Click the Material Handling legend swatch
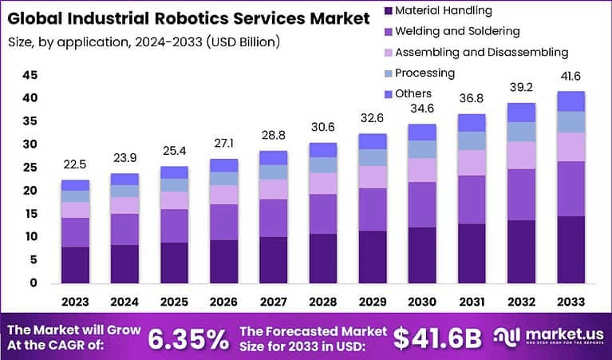pyautogui.click(x=389, y=11)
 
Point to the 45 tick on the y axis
pyautogui.click(x=30, y=75)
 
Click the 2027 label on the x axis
pyautogui.click(x=274, y=301)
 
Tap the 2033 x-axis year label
pyautogui.click(x=571, y=301)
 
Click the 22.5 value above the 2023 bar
pyautogui.click(x=75, y=165)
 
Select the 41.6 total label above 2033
pyautogui.click(x=571, y=77)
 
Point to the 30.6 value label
pyautogui.click(x=323, y=128)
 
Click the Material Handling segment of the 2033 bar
pyautogui.click(x=571, y=249)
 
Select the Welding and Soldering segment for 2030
pyautogui.click(x=422, y=204)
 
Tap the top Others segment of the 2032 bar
pyautogui.click(x=521, y=112)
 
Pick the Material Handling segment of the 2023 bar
pyautogui.click(x=75, y=264)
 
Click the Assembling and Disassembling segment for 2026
pyautogui.click(x=224, y=195)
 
